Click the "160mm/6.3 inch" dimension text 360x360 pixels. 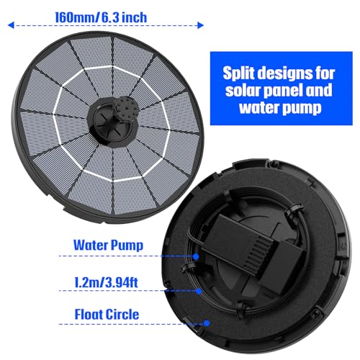[x=101, y=17]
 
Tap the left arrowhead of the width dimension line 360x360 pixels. [x=11, y=25]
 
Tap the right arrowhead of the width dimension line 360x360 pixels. [x=200, y=25]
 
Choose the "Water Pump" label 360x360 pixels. [x=108, y=245]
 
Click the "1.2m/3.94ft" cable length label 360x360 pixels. [x=106, y=282]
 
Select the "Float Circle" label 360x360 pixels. [x=107, y=314]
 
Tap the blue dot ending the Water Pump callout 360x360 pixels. [x=196, y=256]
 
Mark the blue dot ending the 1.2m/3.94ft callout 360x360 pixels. [x=199, y=291]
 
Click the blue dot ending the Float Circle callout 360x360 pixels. [x=207, y=323]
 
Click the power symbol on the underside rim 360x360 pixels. [x=343, y=247]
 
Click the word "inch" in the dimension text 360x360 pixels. [x=134, y=17]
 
